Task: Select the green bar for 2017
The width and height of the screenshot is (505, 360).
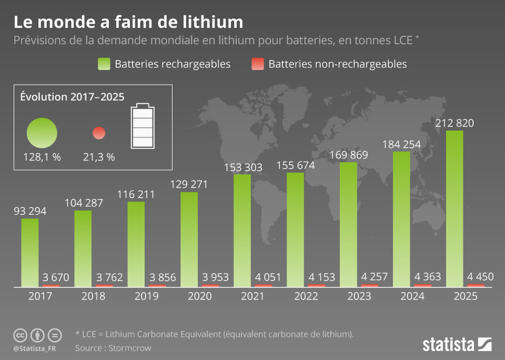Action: (30, 252)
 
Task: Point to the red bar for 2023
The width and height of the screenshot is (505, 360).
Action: (370, 286)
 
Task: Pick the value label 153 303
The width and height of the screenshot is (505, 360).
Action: (242, 167)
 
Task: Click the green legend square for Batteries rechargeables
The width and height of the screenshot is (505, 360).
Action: (103, 64)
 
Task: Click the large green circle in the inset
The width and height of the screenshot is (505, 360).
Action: (42, 132)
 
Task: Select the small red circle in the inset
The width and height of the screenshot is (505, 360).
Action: (99, 132)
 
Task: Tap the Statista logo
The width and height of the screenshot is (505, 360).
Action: (457, 343)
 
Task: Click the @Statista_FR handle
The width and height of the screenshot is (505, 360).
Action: (36, 348)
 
